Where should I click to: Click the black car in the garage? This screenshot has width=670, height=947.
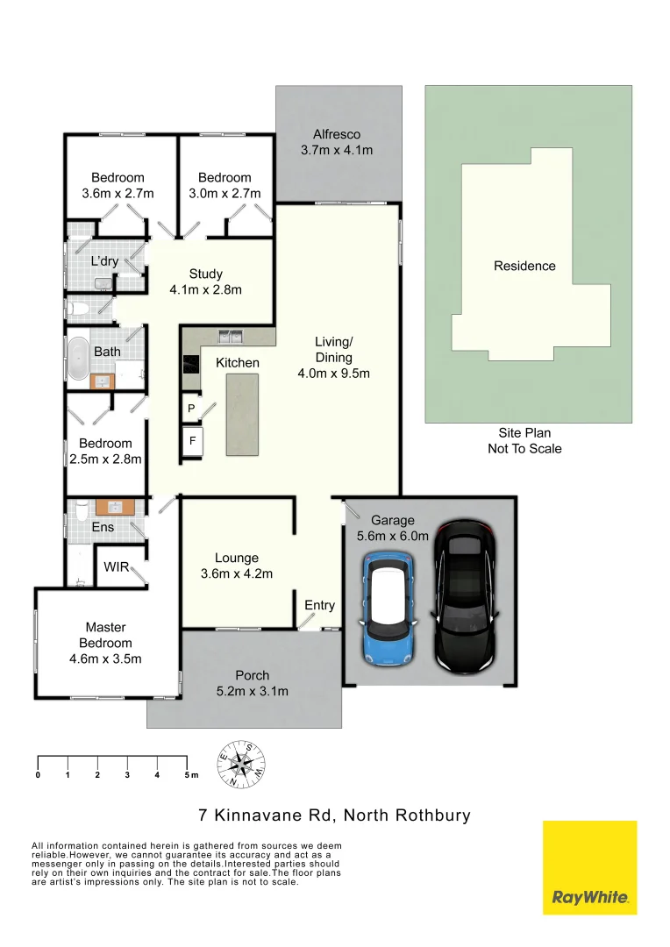tap(464, 596)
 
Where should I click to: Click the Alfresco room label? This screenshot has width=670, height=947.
tap(337, 134)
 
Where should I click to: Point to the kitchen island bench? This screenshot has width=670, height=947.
tap(242, 414)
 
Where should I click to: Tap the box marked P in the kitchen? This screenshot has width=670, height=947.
tap(191, 409)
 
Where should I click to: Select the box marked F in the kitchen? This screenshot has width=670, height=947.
tap(191, 441)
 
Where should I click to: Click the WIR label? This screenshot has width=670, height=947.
tap(116, 567)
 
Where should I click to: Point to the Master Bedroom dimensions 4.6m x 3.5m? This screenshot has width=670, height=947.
tap(105, 659)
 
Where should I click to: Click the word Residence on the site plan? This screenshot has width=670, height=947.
tap(524, 266)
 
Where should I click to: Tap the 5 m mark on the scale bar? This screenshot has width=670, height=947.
tap(189, 775)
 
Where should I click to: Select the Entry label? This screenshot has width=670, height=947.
tap(319, 605)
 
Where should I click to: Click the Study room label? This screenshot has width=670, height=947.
tap(205, 274)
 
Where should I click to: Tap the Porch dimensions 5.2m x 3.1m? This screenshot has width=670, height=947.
tap(253, 691)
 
